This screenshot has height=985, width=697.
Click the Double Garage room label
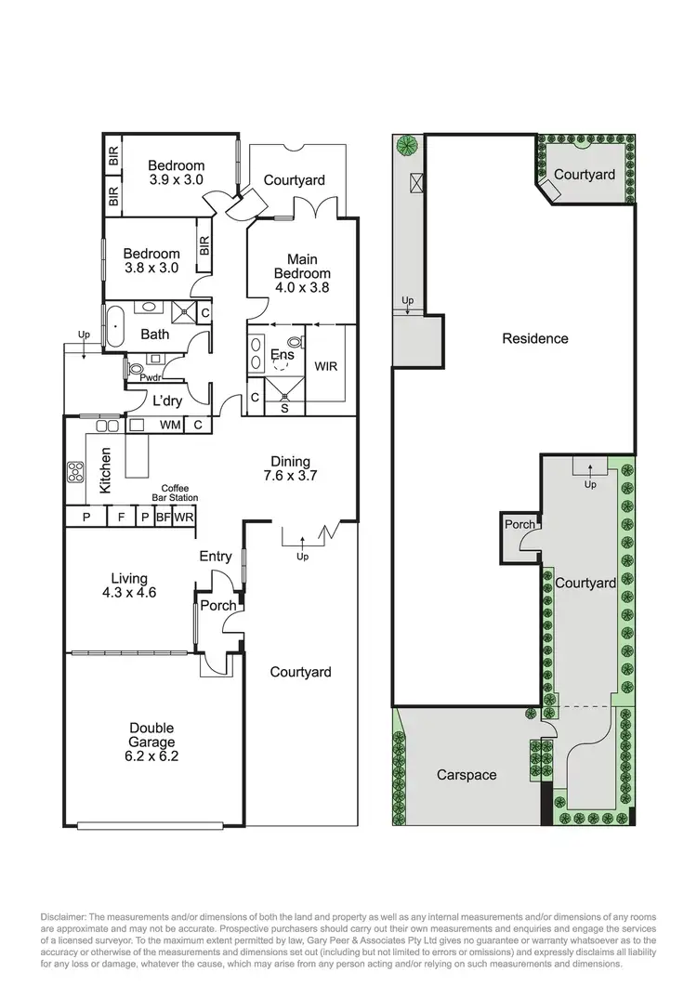tap(152, 742)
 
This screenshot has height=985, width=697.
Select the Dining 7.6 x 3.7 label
tap(290, 469)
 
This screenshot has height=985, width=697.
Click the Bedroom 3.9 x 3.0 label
tap(176, 173)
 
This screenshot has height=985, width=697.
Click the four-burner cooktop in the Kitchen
tap(74, 473)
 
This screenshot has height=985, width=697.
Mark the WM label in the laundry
tap(170, 426)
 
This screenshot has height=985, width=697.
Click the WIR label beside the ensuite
tap(326, 366)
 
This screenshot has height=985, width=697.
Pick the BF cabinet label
tap(163, 518)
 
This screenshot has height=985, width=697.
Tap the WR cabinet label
tap(184, 518)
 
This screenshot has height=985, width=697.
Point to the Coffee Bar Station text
tap(175, 493)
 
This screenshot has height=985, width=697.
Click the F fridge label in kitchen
tap(120, 518)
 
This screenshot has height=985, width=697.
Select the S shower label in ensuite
tap(284, 407)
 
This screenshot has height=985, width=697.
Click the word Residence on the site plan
tap(534, 338)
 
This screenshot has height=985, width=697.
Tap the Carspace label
tap(467, 774)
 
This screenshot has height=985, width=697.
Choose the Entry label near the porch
tap(216, 557)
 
